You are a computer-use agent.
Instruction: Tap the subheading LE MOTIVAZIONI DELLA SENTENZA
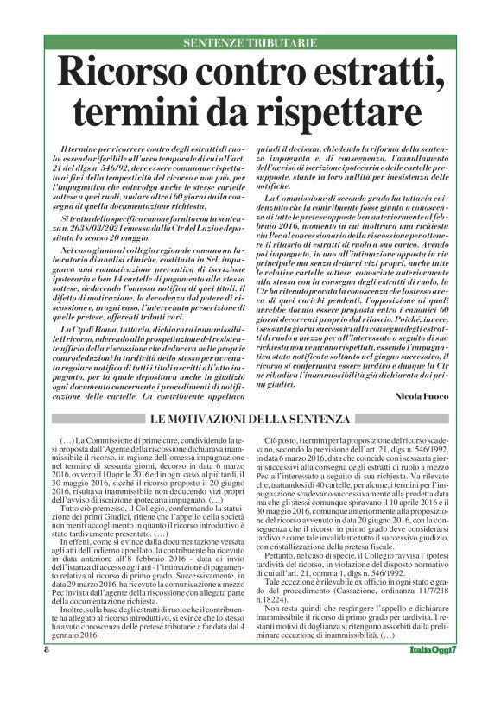click(250, 420)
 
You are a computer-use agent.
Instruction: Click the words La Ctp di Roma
click(88, 330)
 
